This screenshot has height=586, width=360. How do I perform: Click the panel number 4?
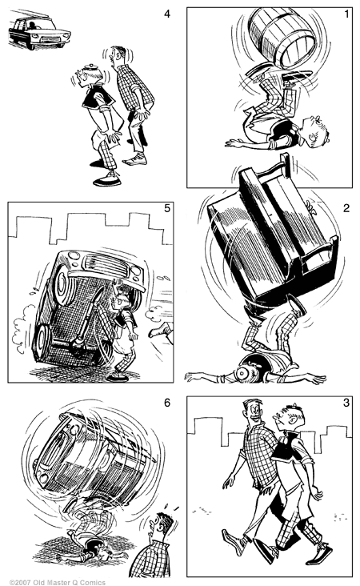167,14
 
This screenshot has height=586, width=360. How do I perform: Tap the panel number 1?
346,14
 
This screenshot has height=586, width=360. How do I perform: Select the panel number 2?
346,208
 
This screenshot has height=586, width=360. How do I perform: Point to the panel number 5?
167,208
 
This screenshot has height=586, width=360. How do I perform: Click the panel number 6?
167,403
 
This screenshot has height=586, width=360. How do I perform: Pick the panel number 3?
346,403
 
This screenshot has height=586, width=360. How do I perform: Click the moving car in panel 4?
39,30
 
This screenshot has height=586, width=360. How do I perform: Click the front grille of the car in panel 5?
108,263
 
